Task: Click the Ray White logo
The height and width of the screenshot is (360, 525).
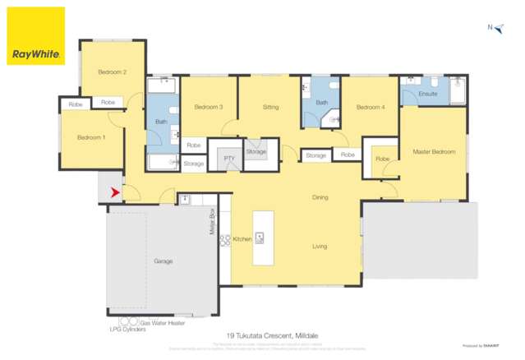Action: (36, 36)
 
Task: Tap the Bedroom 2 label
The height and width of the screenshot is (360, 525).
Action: (112, 72)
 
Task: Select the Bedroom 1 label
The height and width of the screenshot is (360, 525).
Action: (91, 137)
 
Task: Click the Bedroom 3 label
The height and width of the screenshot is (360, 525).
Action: (209, 107)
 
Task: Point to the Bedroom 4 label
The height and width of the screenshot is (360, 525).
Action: (371, 107)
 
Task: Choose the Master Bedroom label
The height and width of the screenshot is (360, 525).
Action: (434, 151)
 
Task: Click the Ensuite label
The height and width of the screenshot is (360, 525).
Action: (427, 94)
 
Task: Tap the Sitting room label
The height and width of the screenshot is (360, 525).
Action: (270, 107)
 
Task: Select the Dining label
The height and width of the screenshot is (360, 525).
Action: (320, 197)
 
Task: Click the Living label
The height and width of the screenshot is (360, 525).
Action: (320, 246)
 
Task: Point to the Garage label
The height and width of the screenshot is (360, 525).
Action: (163, 261)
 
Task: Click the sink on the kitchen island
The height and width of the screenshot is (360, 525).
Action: (260, 238)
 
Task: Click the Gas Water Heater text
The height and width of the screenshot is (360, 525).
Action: (163, 323)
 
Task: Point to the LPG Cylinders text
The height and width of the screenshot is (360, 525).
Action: (126, 330)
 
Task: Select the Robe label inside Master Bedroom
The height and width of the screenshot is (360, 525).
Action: (382, 159)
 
